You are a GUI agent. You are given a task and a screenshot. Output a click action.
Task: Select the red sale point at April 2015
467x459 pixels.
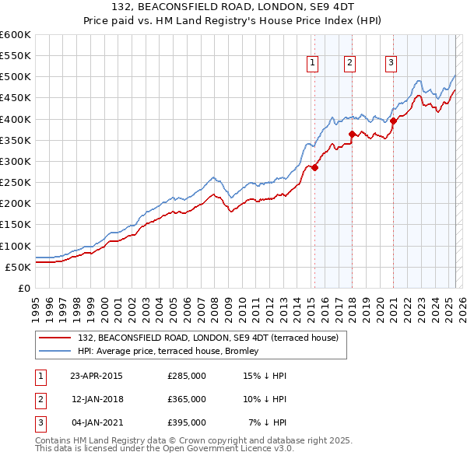click(315, 167)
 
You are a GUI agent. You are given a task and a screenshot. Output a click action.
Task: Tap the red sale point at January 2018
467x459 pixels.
click(352, 134)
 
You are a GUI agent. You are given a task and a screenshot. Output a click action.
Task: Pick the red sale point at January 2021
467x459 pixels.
click(394, 121)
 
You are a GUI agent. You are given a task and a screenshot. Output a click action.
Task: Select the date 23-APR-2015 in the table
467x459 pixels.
click(96, 376)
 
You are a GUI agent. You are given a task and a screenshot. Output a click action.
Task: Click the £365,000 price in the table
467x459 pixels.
click(187, 399)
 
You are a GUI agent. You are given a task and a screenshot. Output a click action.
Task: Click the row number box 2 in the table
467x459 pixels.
click(40, 399)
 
